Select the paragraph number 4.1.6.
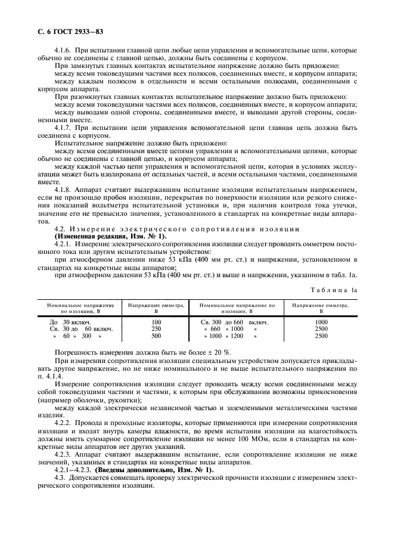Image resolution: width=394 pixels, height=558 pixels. (x=64, y=51)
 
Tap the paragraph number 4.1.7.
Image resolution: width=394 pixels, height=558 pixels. (x=64, y=128)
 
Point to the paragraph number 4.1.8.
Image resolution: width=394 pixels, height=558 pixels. (x=64, y=190)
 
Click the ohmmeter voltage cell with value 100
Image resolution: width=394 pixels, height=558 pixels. (x=157, y=322)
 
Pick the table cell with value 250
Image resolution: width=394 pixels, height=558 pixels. (x=157, y=329)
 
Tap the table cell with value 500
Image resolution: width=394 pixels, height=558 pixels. (x=157, y=336)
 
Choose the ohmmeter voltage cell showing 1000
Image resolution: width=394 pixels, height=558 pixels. (x=321, y=322)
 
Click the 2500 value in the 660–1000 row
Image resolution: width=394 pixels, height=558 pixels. (x=321, y=329)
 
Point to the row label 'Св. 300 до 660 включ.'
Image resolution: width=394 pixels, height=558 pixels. (x=235, y=322)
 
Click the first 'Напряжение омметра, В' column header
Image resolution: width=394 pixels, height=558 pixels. (x=157, y=308)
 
